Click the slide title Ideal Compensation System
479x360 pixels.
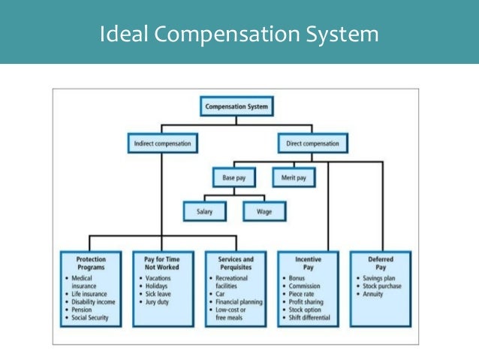[x=239, y=35]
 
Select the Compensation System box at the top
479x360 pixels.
[x=238, y=107]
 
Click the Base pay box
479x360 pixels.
[x=233, y=178]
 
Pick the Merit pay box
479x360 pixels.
[x=294, y=178]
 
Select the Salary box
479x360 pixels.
[x=203, y=212]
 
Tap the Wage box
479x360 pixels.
[x=264, y=212]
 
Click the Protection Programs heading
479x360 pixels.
[x=91, y=263]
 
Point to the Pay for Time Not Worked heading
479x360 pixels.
[x=163, y=263]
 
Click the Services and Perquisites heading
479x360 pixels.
[x=235, y=263]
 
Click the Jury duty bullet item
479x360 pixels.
[x=162, y=301]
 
